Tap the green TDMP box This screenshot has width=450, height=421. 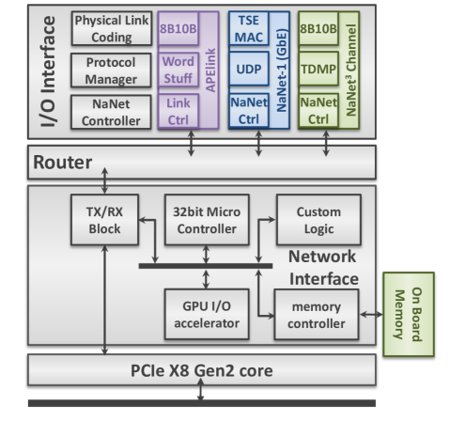318,71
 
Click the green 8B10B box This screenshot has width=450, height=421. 318,28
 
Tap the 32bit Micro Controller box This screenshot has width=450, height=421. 202,223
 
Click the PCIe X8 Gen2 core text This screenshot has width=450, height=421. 201,370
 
